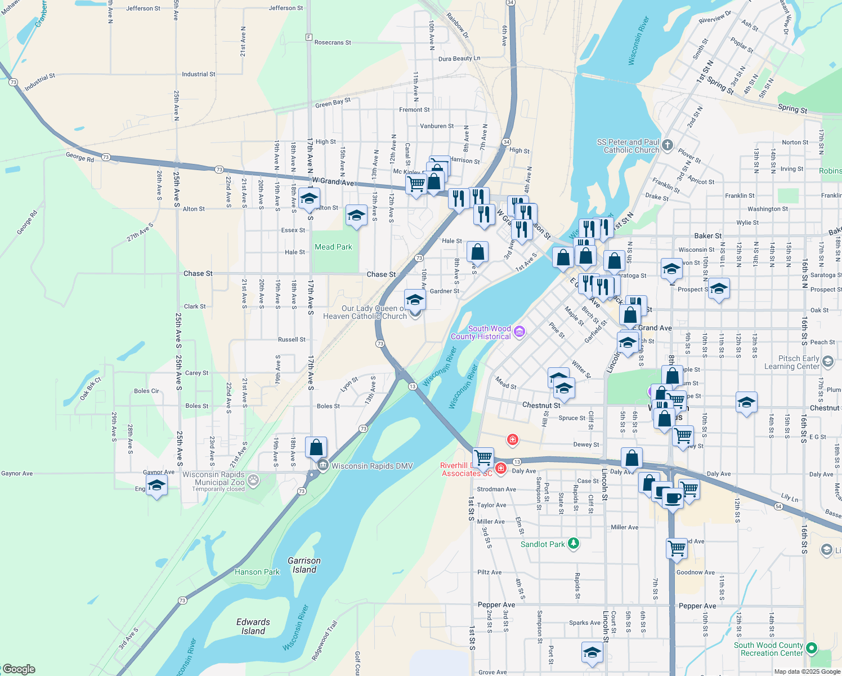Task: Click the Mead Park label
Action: pos(333,247)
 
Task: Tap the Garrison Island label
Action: pos(304,565)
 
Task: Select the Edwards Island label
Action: pos(253,626)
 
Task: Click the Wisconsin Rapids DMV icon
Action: pos(323,465)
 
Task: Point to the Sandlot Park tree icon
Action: pos(573,544)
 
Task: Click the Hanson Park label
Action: pos(257,572)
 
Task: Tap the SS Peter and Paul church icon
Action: pos(667,145)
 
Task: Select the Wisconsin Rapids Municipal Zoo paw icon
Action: pos(253,481)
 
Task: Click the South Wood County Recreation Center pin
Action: pos(811,648)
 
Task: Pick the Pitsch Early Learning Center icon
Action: pos(827,361)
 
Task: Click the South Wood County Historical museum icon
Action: pos(519,331)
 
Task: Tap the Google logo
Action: pos(19,669)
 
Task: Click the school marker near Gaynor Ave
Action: pos(156,485)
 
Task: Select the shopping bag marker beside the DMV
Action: pos(316,447)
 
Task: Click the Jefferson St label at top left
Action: pos(143,8)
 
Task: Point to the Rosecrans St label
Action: pos(333,42)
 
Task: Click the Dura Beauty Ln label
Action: pos(459,59)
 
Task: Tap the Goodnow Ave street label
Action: pos(695,572)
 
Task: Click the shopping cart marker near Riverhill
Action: pos(483,457)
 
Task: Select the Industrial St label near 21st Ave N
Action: pos(198,74)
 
